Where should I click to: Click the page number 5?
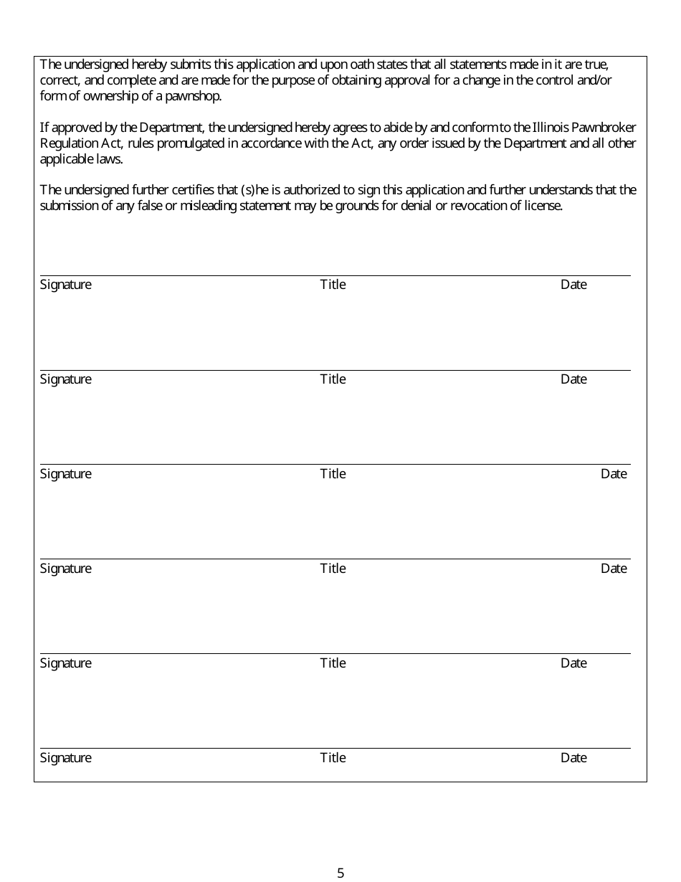point(340,873)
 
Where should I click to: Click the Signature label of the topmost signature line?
point(66,285)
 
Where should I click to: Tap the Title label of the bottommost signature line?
point(333,758)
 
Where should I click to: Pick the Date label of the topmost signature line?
point(573,285)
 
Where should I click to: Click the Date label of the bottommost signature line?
point(573,758)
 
